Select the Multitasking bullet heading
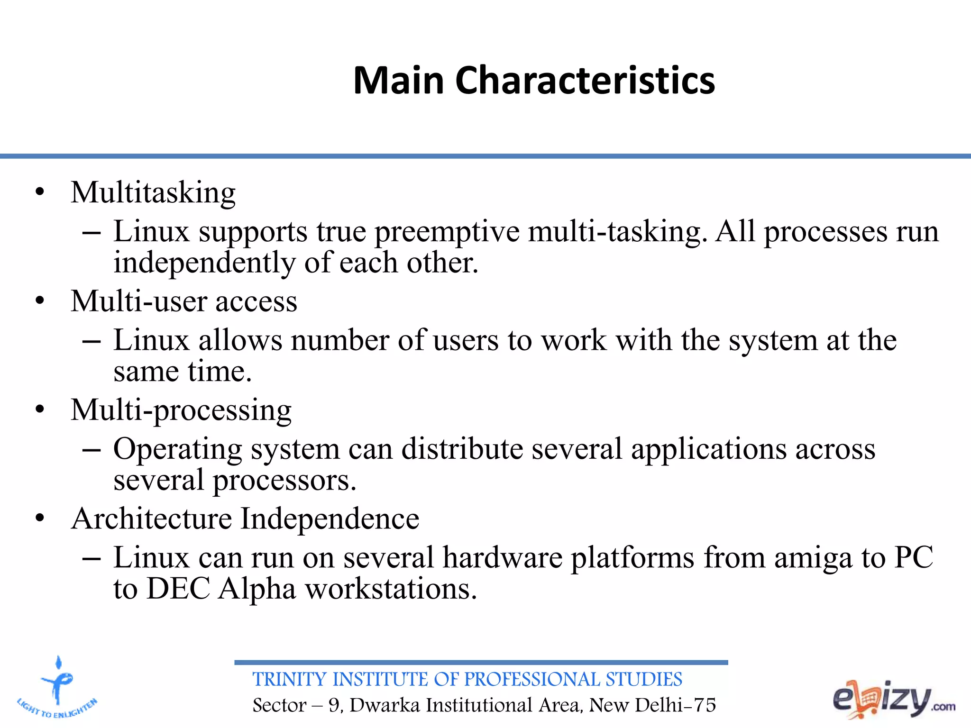tap(153, 193)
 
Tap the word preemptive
tap(447, 232)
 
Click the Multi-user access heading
tap(184, 301)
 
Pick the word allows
tap(240, 340)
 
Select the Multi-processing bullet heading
tap(181, 410)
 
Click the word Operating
tap(178, 449)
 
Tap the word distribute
tap(462, 448)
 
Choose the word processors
tap(284, 481)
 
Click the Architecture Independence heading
tap(245, 519)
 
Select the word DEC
tap(178, 589)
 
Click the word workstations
tap(391, 589)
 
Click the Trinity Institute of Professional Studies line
tap(467, 680)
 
